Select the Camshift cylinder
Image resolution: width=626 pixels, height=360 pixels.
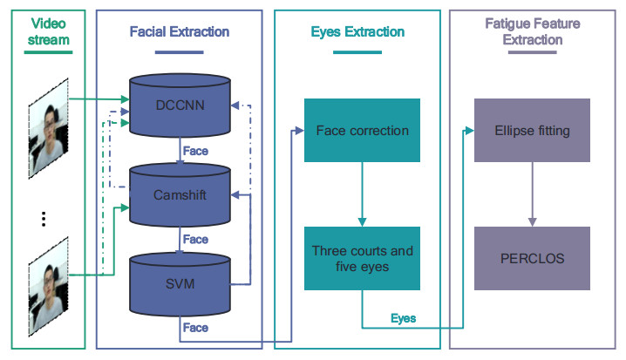180,194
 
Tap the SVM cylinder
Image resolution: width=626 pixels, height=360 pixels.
180,283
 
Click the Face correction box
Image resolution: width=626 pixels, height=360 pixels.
362,131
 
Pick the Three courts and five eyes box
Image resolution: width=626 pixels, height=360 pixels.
362,259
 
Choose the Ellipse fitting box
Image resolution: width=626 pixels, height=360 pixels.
531,131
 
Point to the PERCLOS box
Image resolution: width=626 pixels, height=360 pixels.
531,259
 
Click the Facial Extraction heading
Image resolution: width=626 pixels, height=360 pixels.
180,32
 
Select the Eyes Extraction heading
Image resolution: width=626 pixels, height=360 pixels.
357,32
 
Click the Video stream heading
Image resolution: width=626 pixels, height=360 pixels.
48,32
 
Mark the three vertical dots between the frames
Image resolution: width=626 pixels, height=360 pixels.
43,219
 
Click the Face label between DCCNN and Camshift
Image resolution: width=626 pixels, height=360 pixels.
195,151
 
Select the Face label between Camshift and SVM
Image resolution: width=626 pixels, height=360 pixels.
195,239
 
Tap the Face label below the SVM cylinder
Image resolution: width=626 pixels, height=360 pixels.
195,328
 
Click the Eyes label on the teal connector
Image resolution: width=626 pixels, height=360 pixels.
403,319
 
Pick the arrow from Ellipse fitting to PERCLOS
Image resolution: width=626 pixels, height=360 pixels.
531,194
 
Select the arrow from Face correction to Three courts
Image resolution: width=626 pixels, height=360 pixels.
362,194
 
